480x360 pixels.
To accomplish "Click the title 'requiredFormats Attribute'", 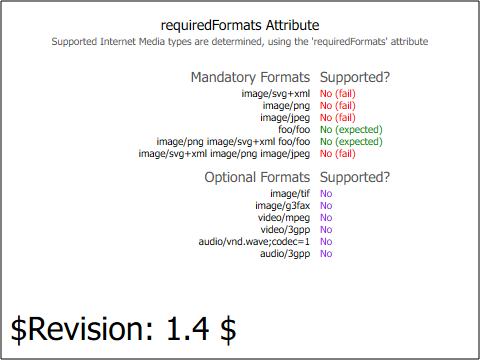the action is pyautogui.click(x=240, y=26).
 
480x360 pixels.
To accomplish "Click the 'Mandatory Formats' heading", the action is pyautogui.click(x=250, y=77).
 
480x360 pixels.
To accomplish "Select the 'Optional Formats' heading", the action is pyautogui.click(x=257, y=177).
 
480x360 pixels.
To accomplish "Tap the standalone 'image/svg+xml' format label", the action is pyautogui.click(x=276, y=94).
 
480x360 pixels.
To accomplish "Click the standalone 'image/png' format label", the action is pyautogui.click(x=286, y=106).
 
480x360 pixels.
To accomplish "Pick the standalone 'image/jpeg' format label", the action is pyautogui.click(x=285, y=118).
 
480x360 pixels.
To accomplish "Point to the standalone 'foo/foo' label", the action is pyautogui.click(x=294, y=129).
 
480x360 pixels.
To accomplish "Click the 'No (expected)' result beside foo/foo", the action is pyautogui.click(x=351, y=130).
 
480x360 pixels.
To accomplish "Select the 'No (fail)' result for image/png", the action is pyautogui.click(x=338, y=106).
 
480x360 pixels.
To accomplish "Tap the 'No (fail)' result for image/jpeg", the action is pyautogui.click(x=338, y=118).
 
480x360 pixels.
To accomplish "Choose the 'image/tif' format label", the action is pyautogui.click(x=290, y=194).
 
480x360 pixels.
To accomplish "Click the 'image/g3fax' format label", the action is pyautogui.click(x=283, y=206).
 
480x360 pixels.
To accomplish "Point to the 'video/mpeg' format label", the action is pyautogui.click(x=284, y=218).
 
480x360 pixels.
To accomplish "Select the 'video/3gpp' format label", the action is pyautogui.click(x=285, y=230).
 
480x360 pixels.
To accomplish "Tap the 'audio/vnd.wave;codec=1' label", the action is pyautogui.click(x=254, y=242).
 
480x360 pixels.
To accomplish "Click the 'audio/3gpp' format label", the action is pyautogui.click(x=285, y=254).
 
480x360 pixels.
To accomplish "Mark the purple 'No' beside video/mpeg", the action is pyautogui.click(x=326, y=218).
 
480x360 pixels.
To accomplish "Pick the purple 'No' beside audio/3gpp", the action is pyautogui.click(x=326, y=254).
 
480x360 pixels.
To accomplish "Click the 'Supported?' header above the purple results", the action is pyautogui.click(x=355, y=177).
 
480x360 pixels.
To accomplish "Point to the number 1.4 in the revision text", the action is pyautogui.click(x=188, y=329).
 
